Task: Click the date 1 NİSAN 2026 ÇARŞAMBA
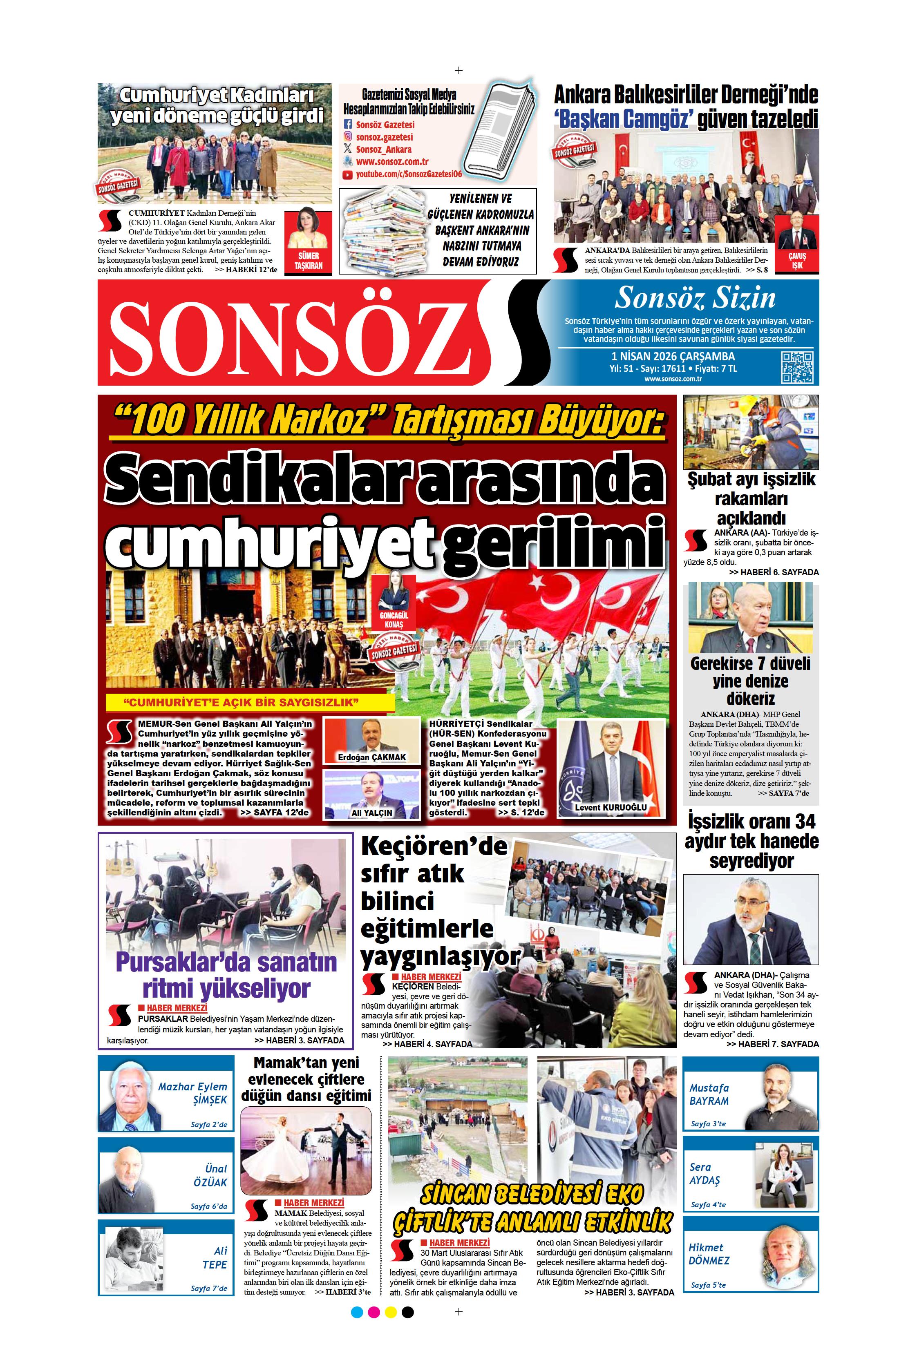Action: (673, 356)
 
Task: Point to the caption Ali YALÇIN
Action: (371, 812)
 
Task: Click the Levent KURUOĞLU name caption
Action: (611, 807)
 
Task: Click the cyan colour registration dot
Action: (357, 1311)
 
